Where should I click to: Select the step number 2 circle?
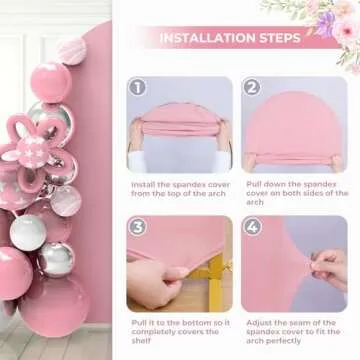(x=251, y=89)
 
